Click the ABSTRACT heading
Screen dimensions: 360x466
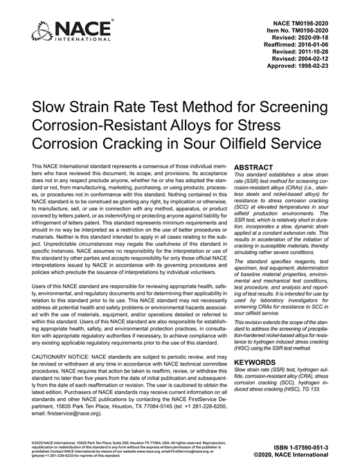coord(257,168)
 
